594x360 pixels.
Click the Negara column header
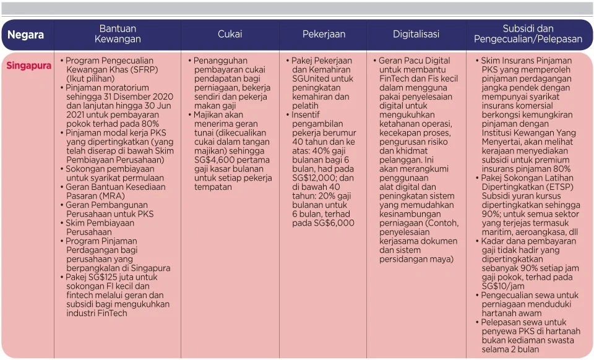(26, 35)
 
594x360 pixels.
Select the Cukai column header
(230, 35)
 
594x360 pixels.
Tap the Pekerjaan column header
(324, 35)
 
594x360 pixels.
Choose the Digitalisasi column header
(416, 35)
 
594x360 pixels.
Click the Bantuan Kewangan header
(118, 34)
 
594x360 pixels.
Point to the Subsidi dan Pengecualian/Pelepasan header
(528, 34)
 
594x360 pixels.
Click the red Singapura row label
(29, 66)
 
